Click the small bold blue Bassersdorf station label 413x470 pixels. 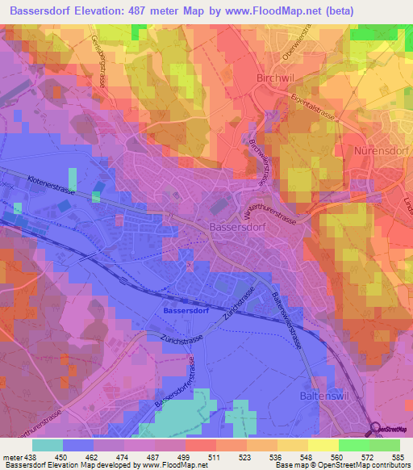click(186, 308)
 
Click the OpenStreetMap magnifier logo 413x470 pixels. click(373, 430)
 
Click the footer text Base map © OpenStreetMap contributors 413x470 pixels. click(348, 465)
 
